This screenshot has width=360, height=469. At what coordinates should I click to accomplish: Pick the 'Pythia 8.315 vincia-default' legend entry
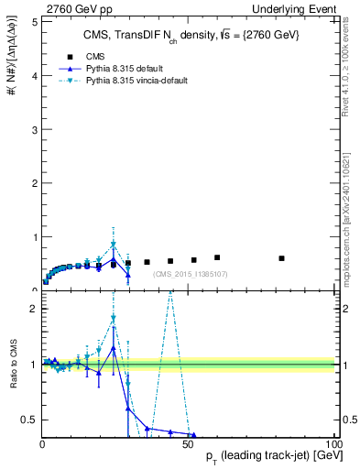124,82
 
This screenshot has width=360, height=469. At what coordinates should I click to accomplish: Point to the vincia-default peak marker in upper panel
114,245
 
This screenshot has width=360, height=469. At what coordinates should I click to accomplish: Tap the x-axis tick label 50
189,444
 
